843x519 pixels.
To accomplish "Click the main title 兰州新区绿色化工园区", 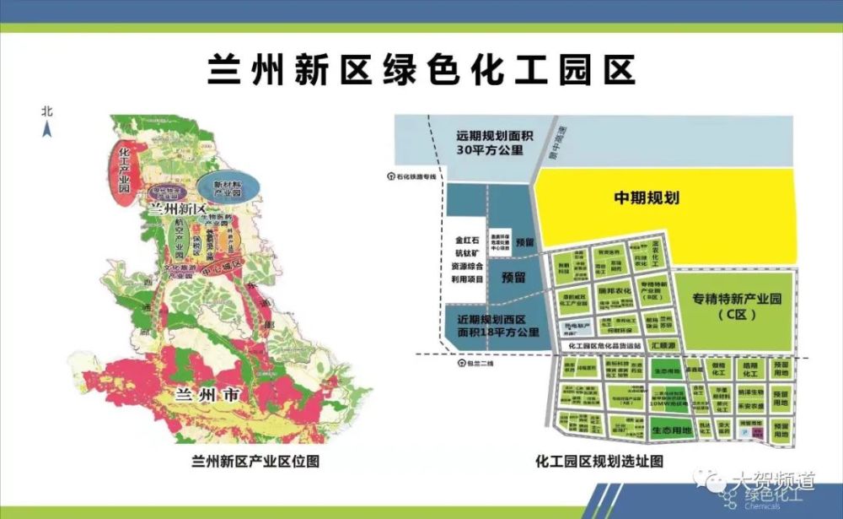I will pos(421,70).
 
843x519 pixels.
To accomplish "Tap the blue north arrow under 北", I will pos(48,128).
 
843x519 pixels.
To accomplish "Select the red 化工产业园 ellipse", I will pos(124,168).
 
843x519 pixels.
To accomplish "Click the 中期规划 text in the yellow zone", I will pos(647,199).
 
